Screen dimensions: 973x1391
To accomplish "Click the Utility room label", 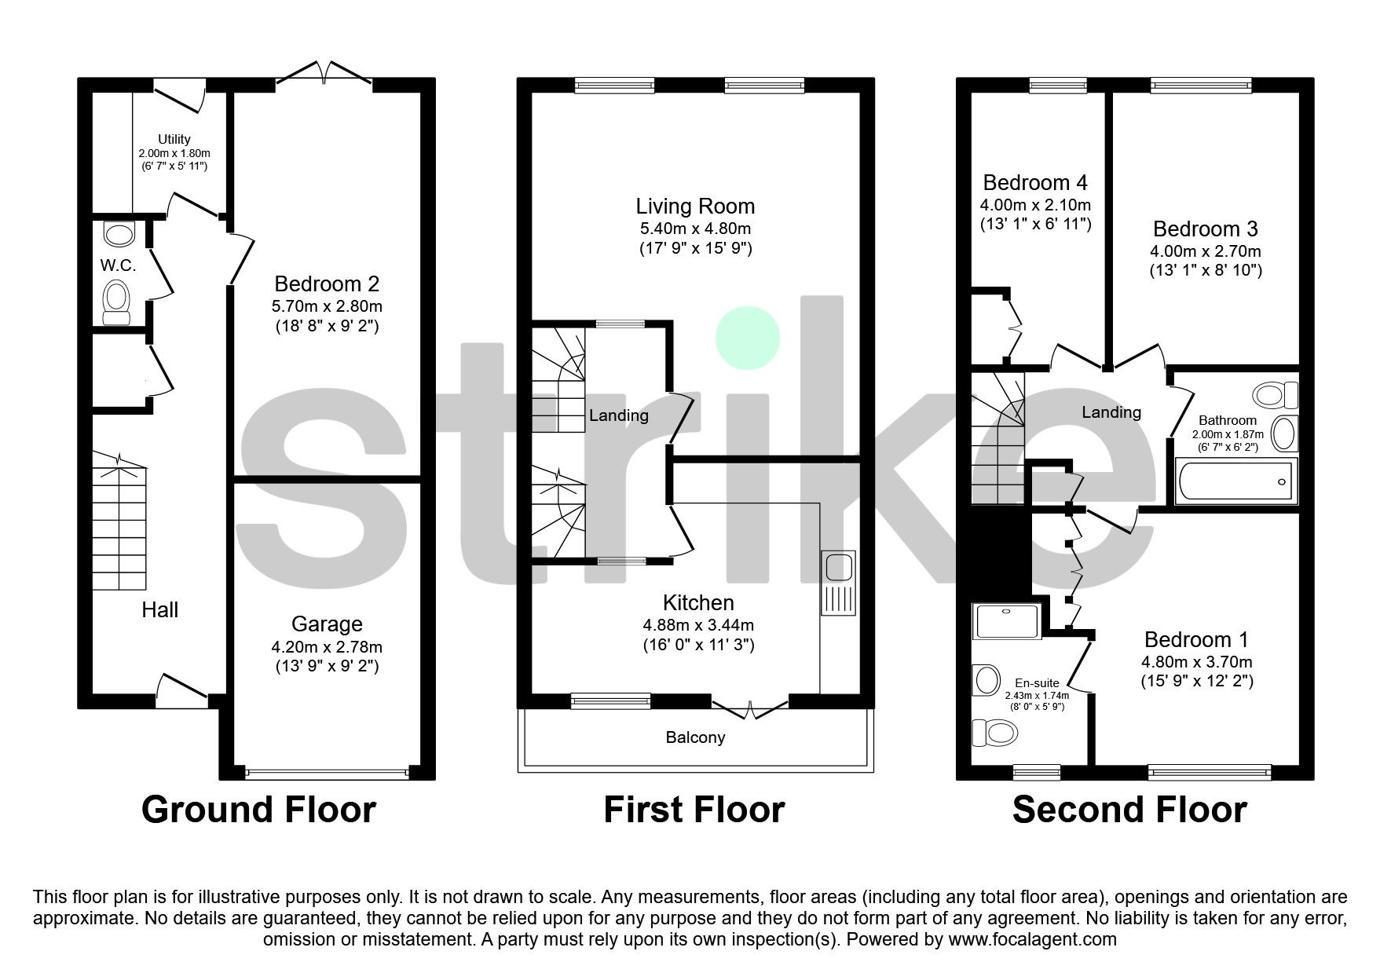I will (174, 139).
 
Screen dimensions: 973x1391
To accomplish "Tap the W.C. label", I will (118, 265).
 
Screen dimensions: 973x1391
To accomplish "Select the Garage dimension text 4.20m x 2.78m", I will (327, 647).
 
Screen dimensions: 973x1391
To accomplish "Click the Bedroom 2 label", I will (327, 283).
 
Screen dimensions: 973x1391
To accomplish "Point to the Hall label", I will (159, 609).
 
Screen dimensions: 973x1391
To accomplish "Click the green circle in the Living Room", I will (747, 338).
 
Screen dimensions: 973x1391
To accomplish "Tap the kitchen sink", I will (838, 583).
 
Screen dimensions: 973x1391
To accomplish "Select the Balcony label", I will (695, 737).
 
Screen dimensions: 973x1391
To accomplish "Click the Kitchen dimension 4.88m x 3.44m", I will (698, 625).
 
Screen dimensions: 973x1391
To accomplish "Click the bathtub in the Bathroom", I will (1235, 481).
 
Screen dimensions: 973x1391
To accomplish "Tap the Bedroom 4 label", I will (1035, 183).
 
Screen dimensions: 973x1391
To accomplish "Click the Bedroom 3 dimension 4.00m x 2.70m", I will (1205, 251).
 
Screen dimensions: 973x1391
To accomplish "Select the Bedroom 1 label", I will (1196, 639).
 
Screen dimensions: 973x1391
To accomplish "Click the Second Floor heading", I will (1129, 810).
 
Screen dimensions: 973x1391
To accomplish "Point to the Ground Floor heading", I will (258, 810).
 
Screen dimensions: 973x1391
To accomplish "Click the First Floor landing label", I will (619, 415).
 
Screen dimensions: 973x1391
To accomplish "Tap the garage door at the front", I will (327, 774).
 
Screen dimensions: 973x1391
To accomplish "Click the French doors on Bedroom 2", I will (324, 73).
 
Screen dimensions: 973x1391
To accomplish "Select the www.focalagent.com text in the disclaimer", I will (1032, 939).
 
